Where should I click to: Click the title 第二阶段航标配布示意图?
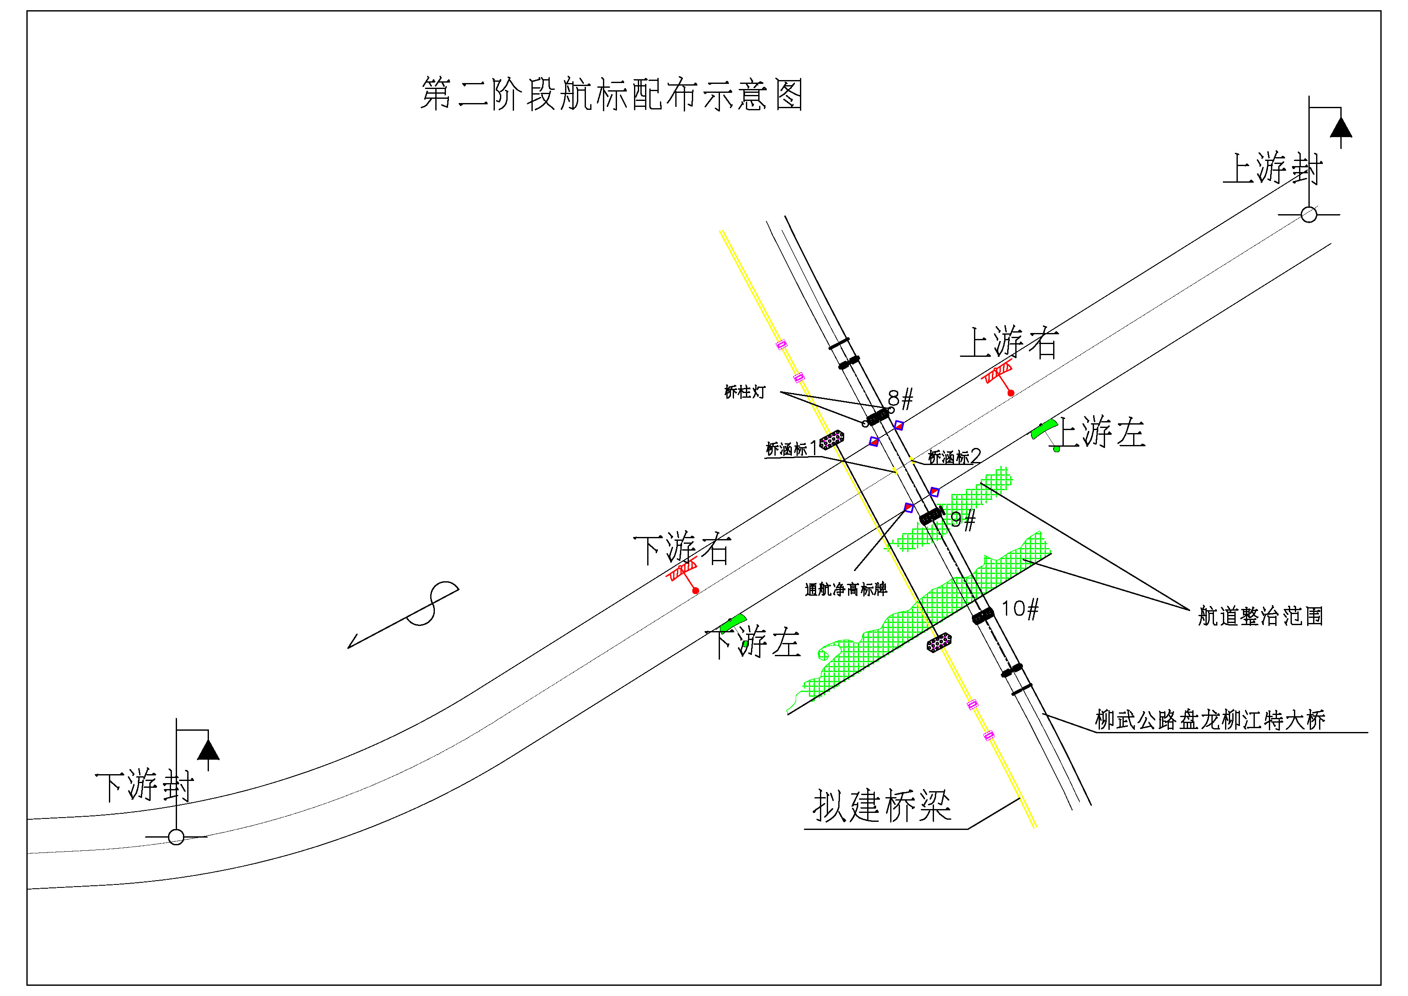611,94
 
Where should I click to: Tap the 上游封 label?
1272,168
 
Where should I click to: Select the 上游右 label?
1009,342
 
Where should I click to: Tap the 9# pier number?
963,520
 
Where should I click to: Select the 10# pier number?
1020,609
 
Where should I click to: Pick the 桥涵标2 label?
955,456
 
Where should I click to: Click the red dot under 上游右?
1011,393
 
